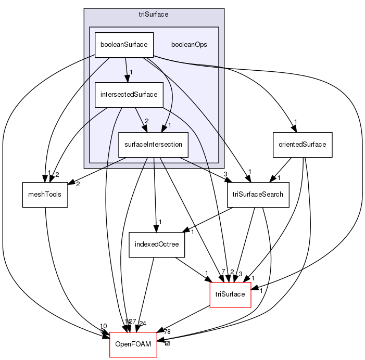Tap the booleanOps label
(x=189, y=45)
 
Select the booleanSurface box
(x=124, y=45)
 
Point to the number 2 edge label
(x=146, y=121)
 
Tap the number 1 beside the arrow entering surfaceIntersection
(x=169, y=125)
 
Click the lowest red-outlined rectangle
(x=133, y=344)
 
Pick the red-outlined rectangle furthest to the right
(x=230, y=294)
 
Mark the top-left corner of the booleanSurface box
(x=94, y=32)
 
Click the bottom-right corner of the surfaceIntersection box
(x=188, y=158)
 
